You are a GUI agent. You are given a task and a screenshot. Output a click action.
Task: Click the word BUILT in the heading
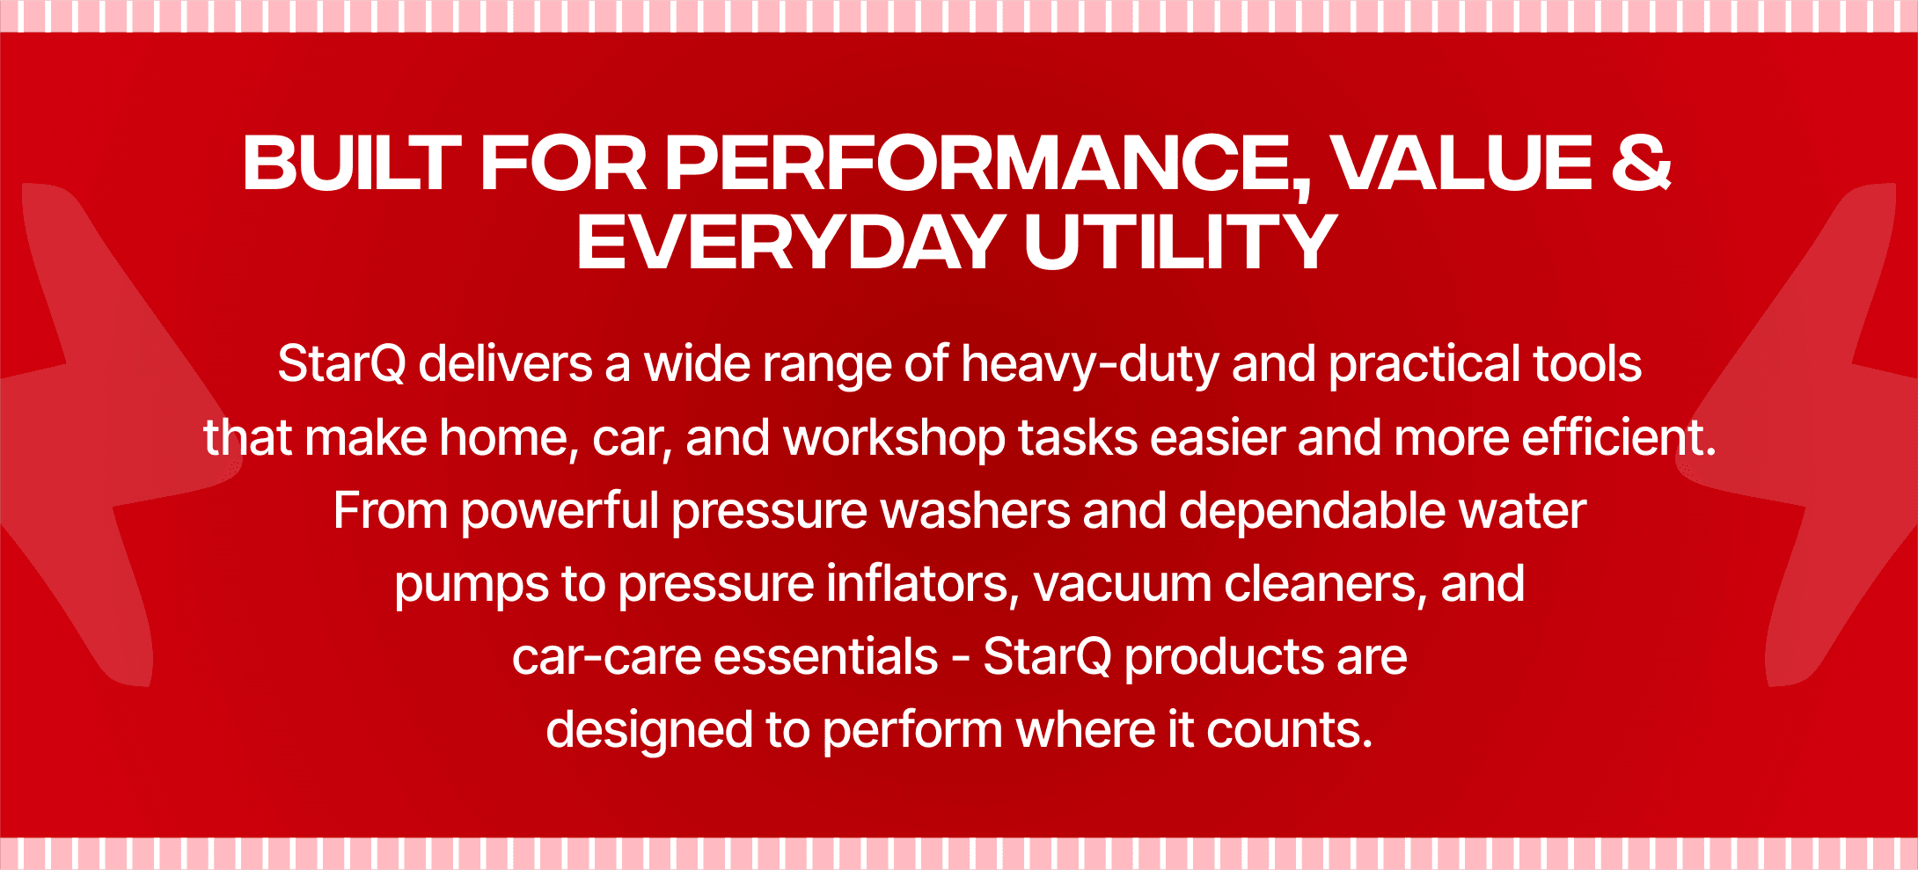pos(352,163)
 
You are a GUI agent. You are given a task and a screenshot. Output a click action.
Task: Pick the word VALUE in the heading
pos(1461,163)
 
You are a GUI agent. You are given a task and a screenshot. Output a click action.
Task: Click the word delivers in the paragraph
pos(505,363)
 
